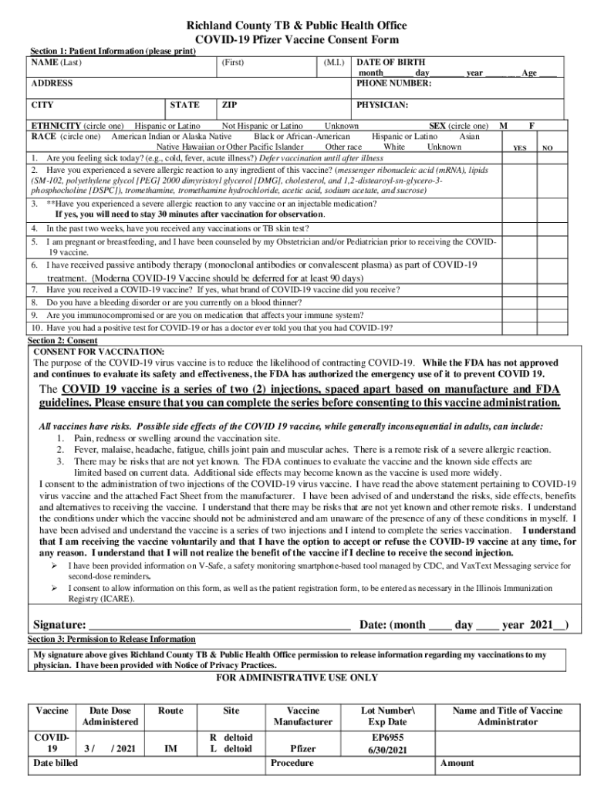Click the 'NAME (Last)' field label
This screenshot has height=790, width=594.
(x=56, y=61)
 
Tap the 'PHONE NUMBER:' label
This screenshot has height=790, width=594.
(x=394, y=83)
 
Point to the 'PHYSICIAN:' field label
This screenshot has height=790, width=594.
(x=383, y=105)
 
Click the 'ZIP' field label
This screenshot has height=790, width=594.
(x=229, y=105)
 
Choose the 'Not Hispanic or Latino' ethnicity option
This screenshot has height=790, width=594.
(x=262, y=126)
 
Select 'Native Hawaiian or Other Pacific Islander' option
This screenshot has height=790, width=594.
(x=230, y=147)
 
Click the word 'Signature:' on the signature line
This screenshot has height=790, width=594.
(x=59, y=625)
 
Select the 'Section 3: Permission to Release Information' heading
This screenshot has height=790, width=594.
(x=111, y=640)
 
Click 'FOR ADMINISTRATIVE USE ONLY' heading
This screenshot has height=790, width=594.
(x=297, y=677)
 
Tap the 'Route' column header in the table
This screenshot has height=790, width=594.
(x=170, y=711)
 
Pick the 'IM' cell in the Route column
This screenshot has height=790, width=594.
(x=170, y=748)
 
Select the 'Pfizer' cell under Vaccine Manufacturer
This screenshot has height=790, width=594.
(x=302, y=748)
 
